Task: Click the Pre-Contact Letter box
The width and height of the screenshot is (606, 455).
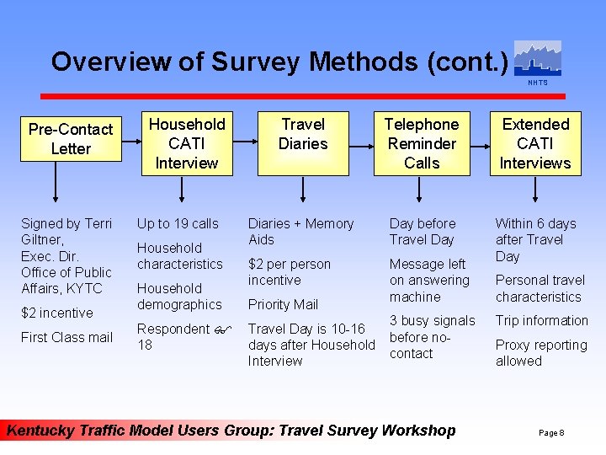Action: (70, 139)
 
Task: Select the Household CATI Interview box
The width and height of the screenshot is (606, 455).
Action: (187, 143)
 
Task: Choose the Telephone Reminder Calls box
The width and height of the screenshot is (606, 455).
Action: (421, 143)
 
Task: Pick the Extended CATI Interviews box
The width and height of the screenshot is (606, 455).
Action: (535, 143)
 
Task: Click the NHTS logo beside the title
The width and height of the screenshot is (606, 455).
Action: (537, 61)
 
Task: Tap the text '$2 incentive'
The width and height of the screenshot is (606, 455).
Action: (56, 313)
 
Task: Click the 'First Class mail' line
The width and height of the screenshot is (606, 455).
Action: (66, 337)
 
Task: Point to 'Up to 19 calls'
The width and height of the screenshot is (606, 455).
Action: (178, 223)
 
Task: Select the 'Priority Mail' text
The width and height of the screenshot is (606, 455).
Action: (283, 304)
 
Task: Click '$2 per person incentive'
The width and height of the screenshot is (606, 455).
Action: (289, 271)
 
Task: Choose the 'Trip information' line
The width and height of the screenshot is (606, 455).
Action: (541, 320)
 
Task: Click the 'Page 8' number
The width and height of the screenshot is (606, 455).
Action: (551, 432)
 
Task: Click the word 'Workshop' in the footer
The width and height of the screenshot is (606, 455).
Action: (418, 431)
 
